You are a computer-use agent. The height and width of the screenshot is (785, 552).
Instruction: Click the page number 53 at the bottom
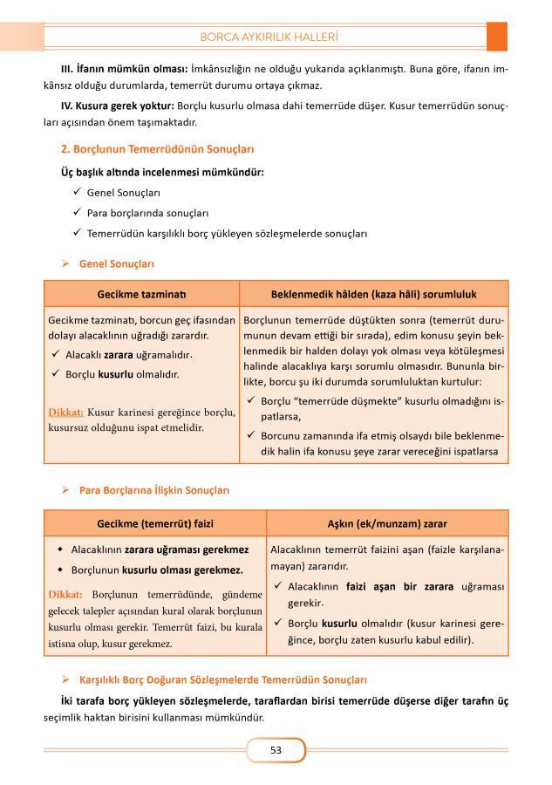[x=276, y=750]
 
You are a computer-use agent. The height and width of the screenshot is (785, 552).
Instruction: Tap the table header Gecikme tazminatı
[x=142, y=293]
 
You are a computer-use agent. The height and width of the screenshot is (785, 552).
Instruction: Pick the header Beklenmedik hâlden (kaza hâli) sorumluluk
[x=373, y=293]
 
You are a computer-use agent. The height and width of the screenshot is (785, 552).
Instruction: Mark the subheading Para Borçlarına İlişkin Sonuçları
[x=154, y=491]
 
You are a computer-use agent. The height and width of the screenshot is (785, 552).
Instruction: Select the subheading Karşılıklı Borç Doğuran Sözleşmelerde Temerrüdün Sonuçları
[x=222, y=679]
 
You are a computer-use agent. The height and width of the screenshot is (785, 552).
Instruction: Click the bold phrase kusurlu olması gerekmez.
[x=182, y=570]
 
